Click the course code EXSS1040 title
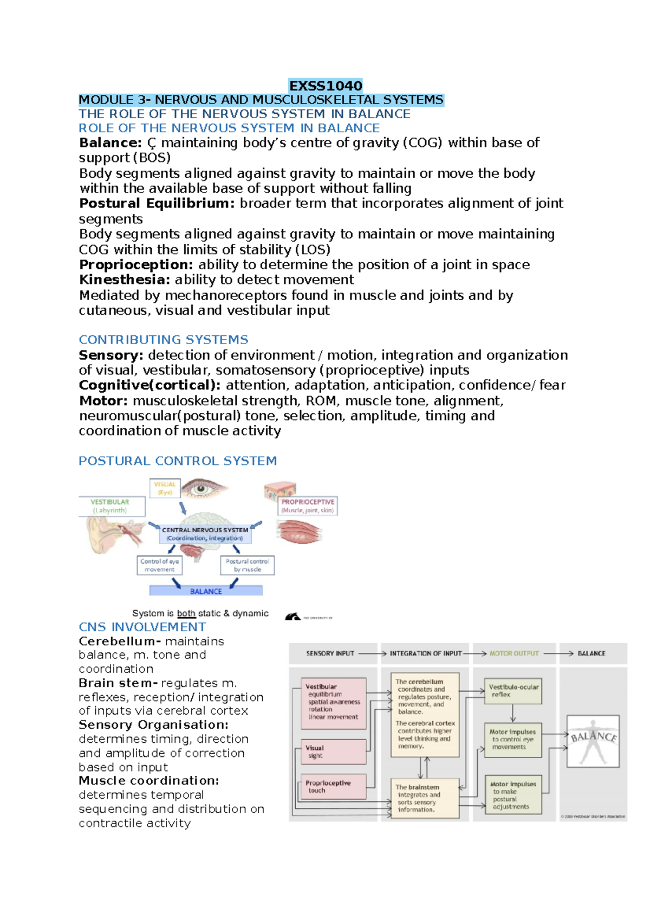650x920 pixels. point(326,86)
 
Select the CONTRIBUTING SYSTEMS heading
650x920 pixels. point(163,340)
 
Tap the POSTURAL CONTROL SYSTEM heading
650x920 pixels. point(178,461)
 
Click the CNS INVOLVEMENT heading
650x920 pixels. point(142,627)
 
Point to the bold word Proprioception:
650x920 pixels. point(136,265)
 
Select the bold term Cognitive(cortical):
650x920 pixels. point(150,385)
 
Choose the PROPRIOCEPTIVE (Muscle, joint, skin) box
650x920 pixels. point(307,506)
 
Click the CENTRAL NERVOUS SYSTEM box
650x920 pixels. point(205,534)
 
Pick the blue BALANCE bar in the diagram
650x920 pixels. point(206,591)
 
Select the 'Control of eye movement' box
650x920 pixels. point(159,565)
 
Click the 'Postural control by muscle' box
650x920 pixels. point(247,565)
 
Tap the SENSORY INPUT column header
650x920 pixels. point(330,653)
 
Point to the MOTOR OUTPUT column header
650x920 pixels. point(514,653)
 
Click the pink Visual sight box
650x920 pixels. point(334,751)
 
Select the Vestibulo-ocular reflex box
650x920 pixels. point(513,691)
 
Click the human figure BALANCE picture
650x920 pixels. point(593,741)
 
